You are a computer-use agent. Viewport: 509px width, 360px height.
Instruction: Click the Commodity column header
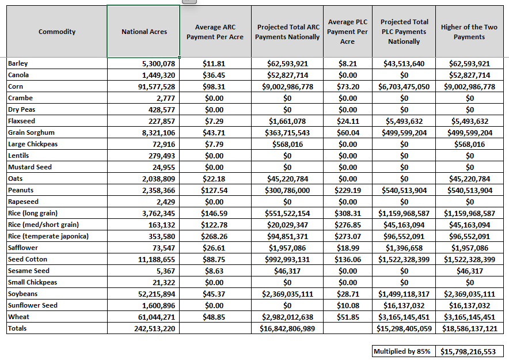[56, 32]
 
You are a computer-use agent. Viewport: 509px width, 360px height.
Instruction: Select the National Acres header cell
[144, 32]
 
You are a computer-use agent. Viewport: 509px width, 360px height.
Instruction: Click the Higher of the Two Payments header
[469, 32]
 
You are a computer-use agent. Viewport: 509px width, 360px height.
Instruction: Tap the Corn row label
[16, 86]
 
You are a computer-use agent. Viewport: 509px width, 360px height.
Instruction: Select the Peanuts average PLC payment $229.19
[348, 190]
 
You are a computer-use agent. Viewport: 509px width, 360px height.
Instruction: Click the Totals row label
[17, 328]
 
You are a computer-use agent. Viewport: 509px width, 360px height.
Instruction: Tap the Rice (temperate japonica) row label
[48, 236]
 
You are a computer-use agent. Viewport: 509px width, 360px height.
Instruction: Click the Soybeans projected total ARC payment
[287, 294]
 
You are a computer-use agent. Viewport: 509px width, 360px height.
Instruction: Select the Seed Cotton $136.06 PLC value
[348, 259]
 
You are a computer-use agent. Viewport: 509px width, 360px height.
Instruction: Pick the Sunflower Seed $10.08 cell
[348, 305]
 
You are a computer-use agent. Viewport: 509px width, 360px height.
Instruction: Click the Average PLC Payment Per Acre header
[347, 32]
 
